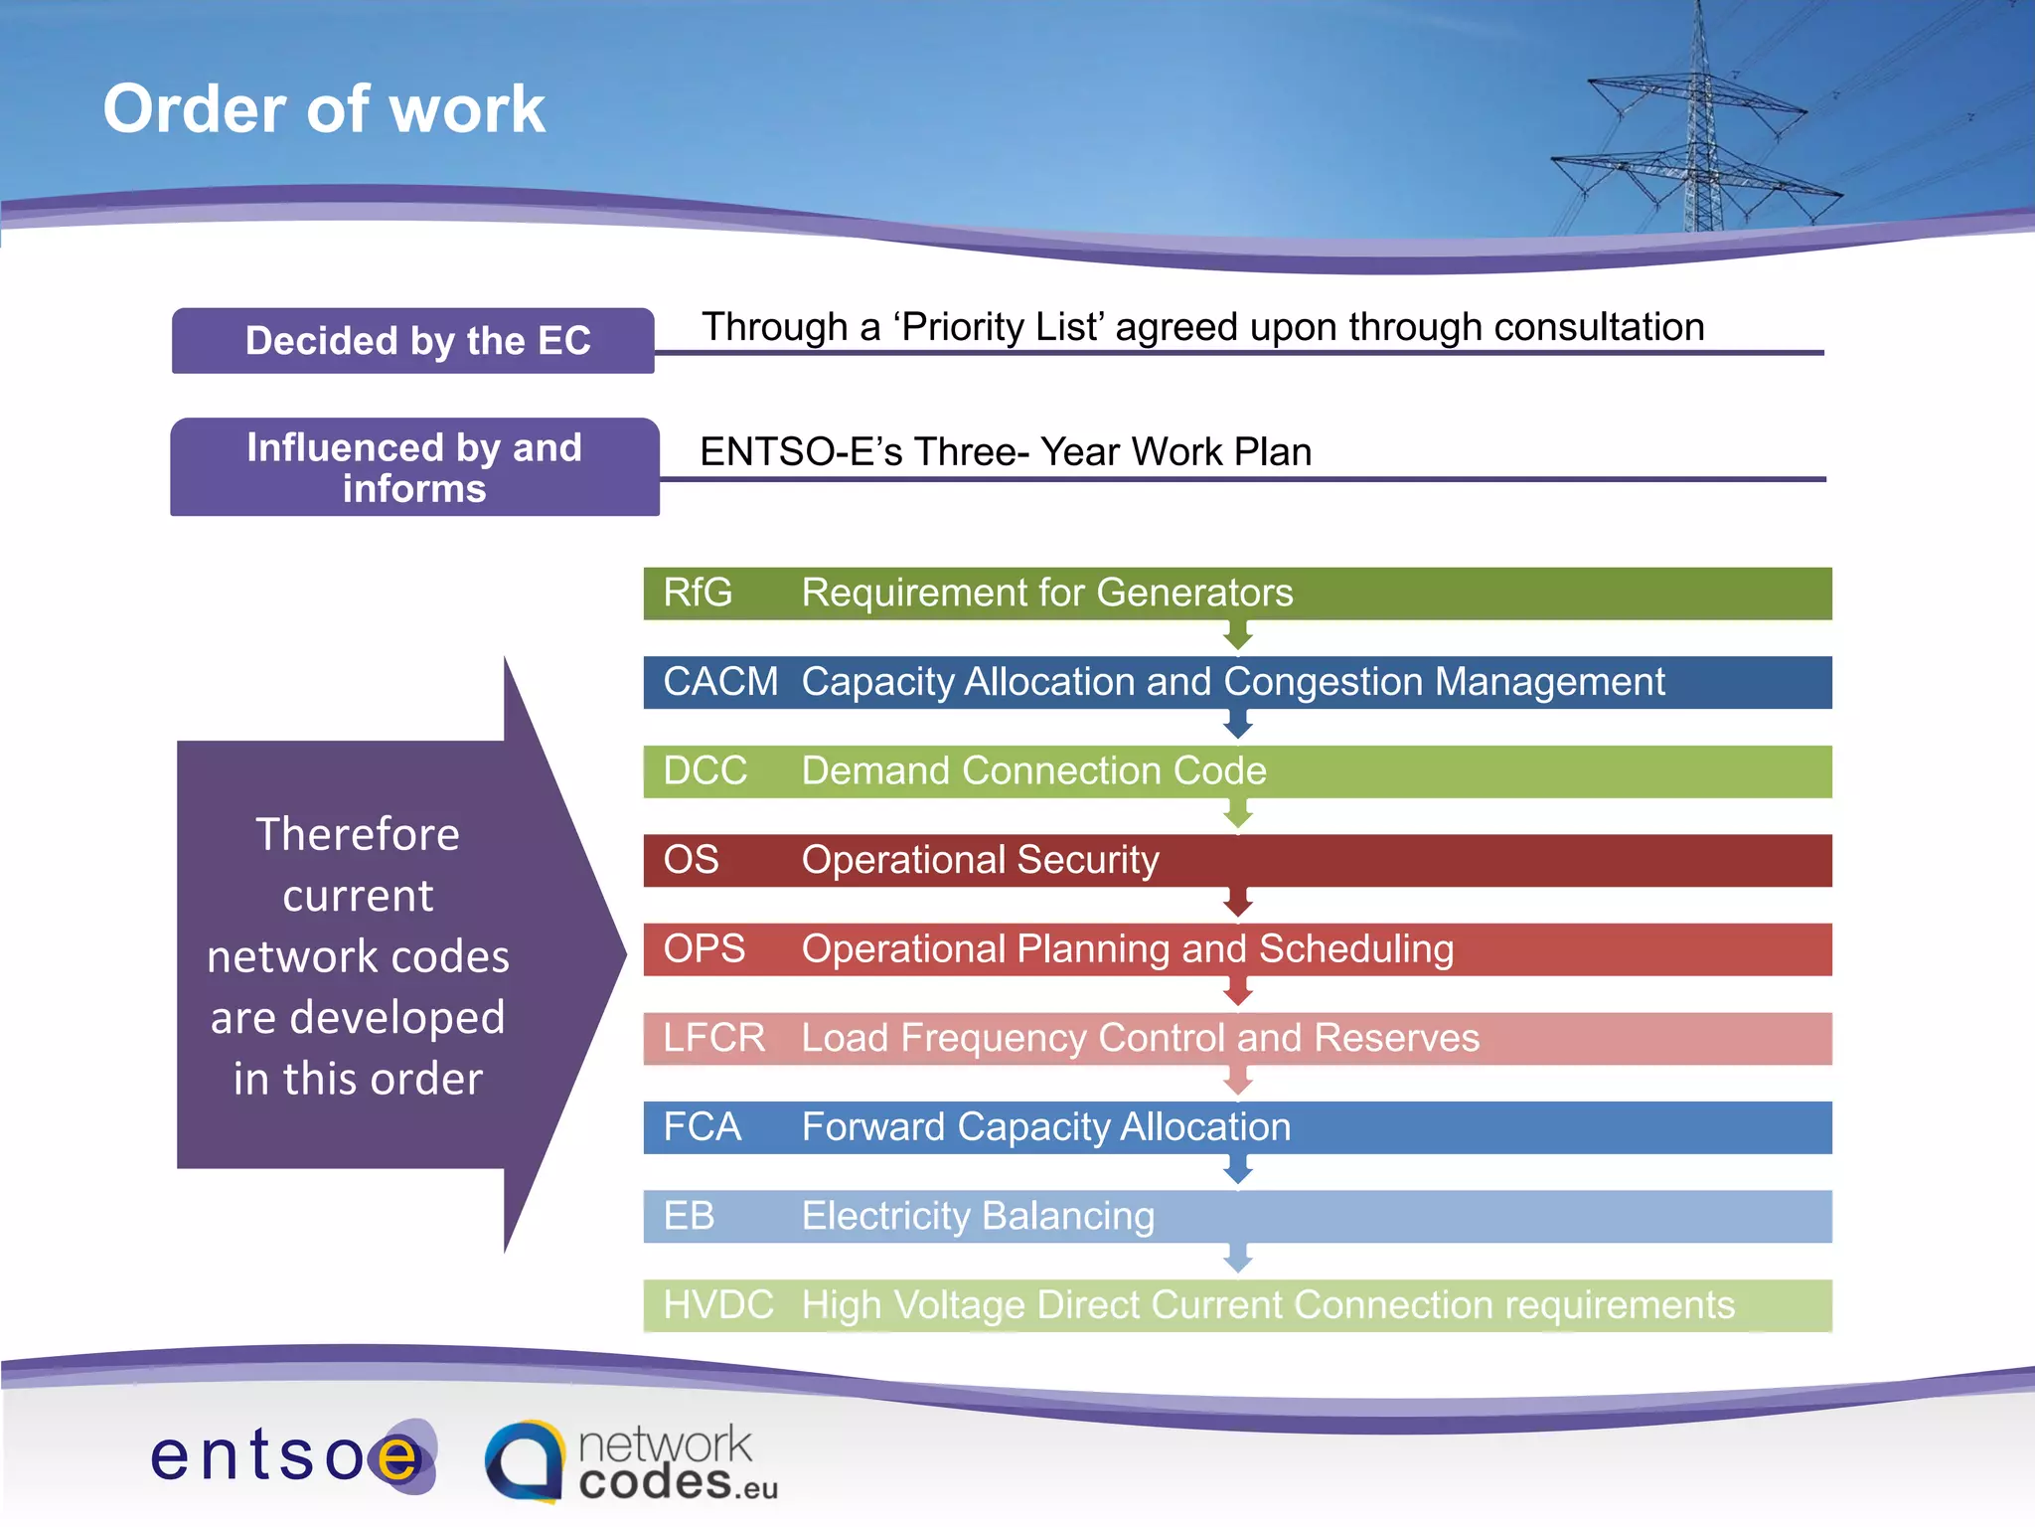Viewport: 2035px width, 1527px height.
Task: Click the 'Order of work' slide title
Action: pos(324,108)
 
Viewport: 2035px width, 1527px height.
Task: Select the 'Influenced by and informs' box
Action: pos(413,467)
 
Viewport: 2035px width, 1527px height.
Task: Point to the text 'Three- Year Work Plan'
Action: pos(1113,452)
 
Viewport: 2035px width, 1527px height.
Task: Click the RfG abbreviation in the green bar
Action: pos(698,594)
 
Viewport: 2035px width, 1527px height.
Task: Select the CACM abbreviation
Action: pos(719,682)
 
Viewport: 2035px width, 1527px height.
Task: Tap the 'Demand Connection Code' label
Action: pos(1033,771)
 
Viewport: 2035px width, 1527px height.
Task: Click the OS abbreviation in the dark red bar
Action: pos(691,860)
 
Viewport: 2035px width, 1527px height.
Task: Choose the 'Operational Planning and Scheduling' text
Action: pos(1127,949)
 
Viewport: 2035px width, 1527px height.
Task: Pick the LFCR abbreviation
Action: pos(713,1038)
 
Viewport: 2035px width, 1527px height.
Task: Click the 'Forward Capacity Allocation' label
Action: pos(1045,1127)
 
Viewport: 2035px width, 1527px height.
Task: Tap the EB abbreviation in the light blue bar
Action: pos(689,1216)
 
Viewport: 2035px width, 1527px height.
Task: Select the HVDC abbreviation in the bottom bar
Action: pos(717,1305)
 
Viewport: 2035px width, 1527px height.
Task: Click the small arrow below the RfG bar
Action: pos(1237,635)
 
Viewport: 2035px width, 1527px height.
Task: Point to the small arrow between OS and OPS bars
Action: pos(1237,903)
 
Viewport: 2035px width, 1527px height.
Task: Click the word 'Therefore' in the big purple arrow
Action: pos(358,834)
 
